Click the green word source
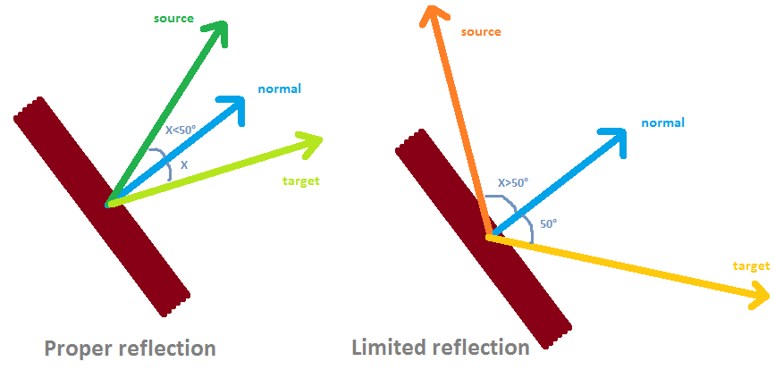[x=173, y=18]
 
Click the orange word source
[x=481, y=32]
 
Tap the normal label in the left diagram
[x=279, y=88]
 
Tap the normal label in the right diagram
[x=662, y=122]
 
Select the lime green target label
[x=300, y=181]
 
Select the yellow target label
[x=751, y=266]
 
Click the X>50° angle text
[x=513, y=182]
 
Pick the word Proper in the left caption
[x=79, y=348]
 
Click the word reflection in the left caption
[x=167, y=348]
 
